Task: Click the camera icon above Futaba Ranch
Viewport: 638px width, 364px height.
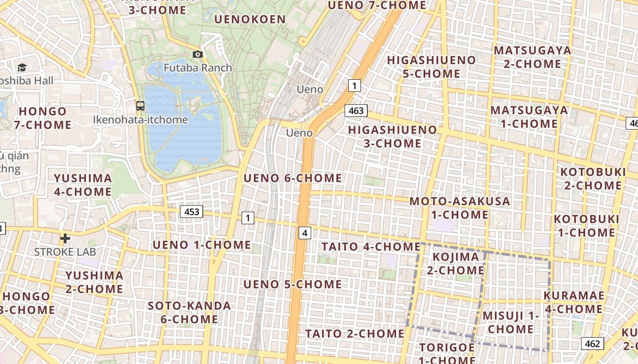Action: (x=198, y=55)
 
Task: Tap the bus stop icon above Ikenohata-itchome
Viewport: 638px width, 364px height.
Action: (x=140, y=106)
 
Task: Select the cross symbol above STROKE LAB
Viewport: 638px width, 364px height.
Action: (x=65, y=238)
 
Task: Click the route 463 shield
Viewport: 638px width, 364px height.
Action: (x=356, y=111)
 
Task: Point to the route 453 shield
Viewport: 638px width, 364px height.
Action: (x=192, y=212)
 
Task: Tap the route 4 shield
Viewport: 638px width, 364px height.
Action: (x=305, y=233)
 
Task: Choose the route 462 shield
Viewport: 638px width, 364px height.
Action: (x=592, y=344)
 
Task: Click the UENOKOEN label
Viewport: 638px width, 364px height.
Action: (x=250, y=19)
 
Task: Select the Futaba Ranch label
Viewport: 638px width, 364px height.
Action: (x=198, y=68)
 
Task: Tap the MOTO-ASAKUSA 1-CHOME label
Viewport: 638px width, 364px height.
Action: (x=459, y=207)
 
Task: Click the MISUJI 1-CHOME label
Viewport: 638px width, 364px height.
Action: (x=511, y=322)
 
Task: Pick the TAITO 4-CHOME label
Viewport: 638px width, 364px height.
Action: (x=371, y=247)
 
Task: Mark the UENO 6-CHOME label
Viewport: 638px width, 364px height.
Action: (x=293, y=178)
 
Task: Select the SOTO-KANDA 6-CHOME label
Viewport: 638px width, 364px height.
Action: (x=189, y=312)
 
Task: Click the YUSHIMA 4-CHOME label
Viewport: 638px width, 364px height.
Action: (x=83, y=185)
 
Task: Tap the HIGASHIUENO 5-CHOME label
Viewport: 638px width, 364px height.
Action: (x=431, y=66)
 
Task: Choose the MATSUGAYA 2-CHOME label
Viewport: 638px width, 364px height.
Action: (x=532, y=57)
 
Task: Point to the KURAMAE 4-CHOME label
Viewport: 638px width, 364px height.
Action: (x=574, y=302)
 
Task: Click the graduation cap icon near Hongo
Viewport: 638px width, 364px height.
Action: (x=22, y=68)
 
